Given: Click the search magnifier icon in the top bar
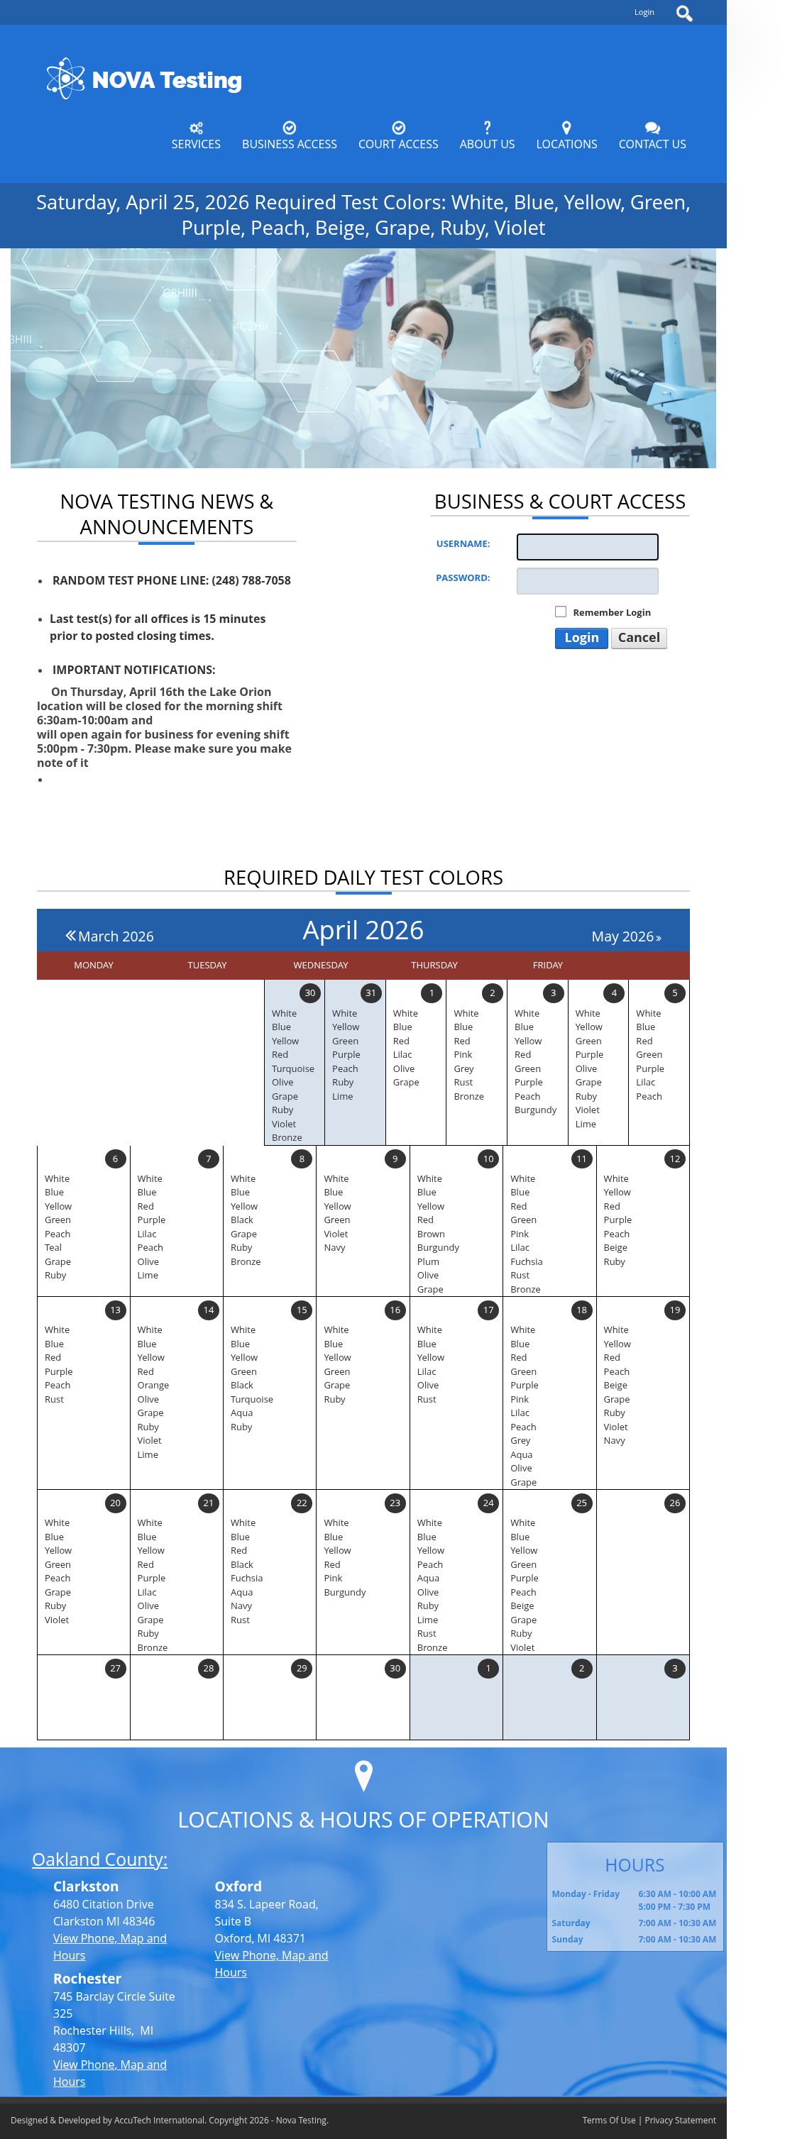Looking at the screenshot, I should pyautogui.click(x=684, y=13).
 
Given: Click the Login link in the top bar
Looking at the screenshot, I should pyautogui.click(x=644, y=13).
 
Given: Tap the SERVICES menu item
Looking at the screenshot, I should pyautogui.click(x=196, y=136).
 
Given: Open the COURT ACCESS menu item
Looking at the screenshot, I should pyautogui.click(x=398, y=136).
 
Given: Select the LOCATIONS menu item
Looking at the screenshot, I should pyautogui.click(x=566, y=136).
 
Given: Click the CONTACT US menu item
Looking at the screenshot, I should pyautogui.click(x=652, y=136).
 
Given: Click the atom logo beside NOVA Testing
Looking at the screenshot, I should pyautogui.click(x=65, y=79).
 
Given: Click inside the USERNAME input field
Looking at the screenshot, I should pyautogui.click(x=587, y=546).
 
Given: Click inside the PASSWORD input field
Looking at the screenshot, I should pyautogui.click(x=587, y=581).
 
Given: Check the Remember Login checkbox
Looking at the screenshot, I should pyautogui.click(x=561, y=612).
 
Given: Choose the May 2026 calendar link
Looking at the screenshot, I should pyautogui.click(x=626, y=936).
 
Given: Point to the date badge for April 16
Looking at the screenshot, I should pyautogui.click(x=395, y=1310).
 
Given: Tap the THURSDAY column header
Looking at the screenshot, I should pyautogui.click(x=434, y=965).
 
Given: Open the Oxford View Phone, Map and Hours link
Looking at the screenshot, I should pyautogui.click(x=271, y=1964).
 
